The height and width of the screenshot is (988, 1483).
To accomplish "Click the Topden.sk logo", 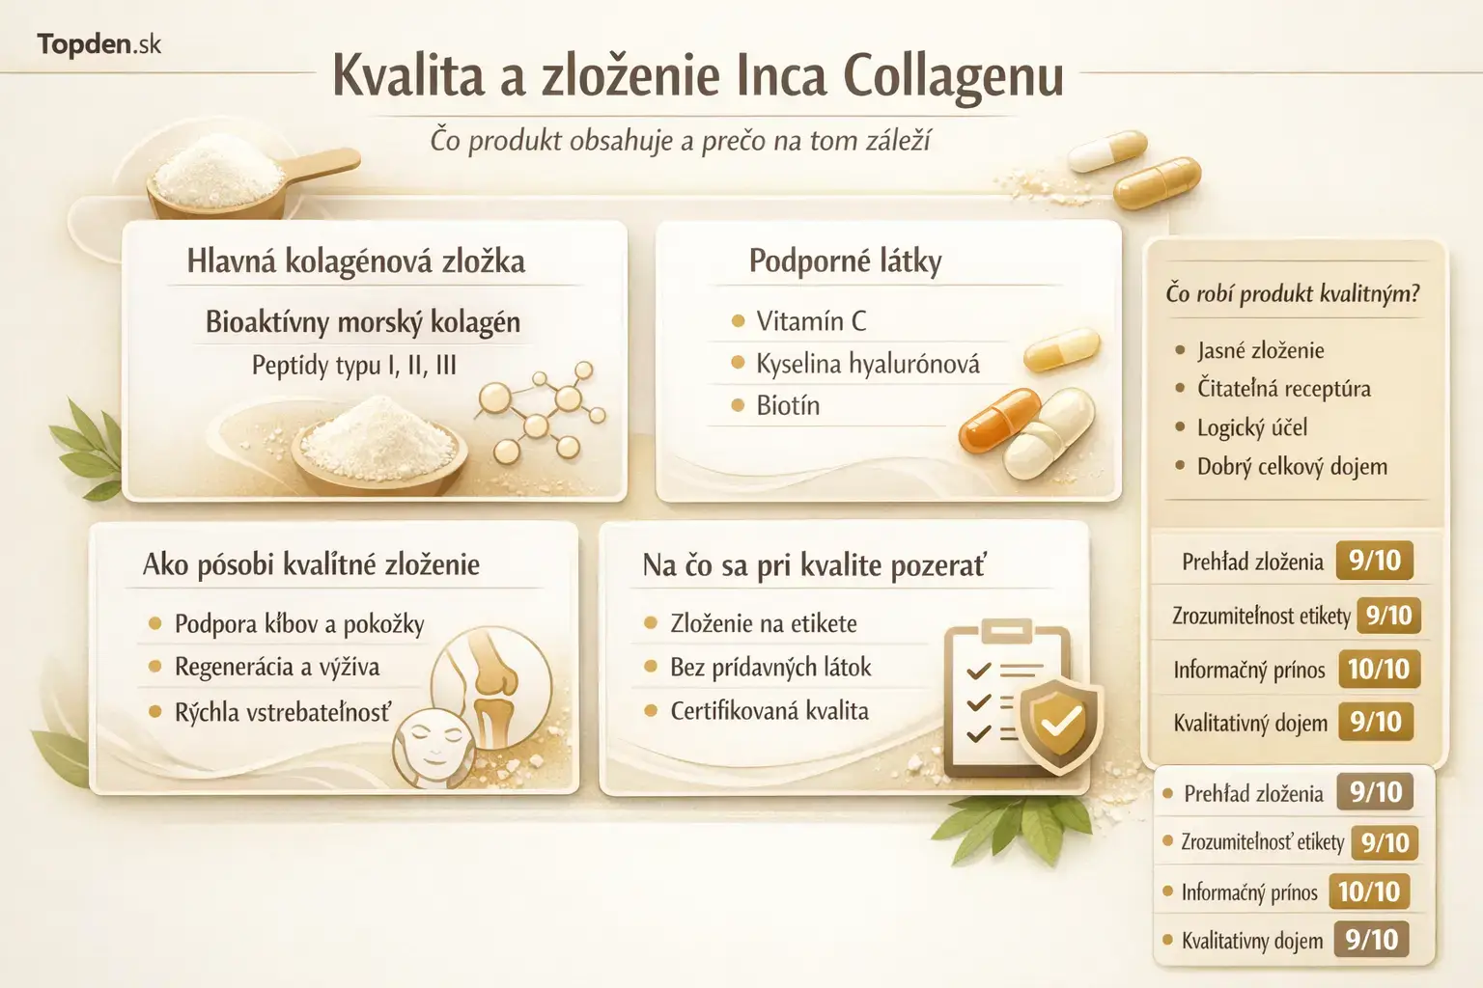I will (98, 44).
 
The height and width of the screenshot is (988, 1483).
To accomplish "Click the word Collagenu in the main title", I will (953, 77).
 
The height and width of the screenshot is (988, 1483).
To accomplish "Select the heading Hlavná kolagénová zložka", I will (355, 261).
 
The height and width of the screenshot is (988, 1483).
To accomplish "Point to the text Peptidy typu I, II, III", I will (353, 366).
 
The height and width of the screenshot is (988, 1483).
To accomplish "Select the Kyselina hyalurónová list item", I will (867, 364).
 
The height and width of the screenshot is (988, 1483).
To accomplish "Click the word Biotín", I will (788, 406).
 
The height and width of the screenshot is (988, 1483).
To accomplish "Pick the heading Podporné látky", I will (845, 261).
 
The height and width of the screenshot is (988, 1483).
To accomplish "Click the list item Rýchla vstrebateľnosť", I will (282, 713).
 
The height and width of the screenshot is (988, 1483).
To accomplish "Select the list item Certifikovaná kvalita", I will (769, 711).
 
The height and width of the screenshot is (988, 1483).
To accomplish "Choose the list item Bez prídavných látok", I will (769, 668).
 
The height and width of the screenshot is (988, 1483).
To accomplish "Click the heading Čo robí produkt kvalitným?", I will (1292, 293).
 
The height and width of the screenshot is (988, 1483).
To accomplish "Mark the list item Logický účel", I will (1251, 427).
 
